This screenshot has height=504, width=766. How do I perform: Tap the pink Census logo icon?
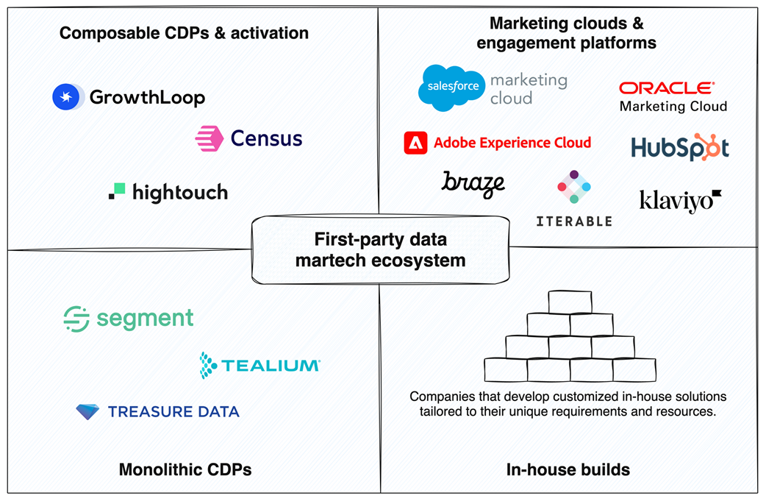[x=209, y=138]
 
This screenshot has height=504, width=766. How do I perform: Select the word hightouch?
[x=180, y=193]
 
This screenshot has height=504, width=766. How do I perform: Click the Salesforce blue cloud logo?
[x=451, y=88]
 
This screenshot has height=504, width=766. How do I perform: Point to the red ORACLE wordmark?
[x=666, y=88]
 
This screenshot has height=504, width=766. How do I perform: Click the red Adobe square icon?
[x=415, y=143]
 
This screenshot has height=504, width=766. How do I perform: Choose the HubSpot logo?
[x=680, y=147]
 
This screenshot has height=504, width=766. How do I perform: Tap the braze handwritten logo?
[x=473, y=184]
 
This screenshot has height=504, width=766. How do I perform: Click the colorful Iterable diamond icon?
[x=574, y=188]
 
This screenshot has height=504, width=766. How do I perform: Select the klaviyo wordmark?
[x=679, y=200]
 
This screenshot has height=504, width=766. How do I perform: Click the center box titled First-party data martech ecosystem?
[x=379, y=250]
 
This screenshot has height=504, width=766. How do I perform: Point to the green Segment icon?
[x=76, y=319]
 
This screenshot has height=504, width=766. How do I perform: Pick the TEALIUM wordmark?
[x=270, y=366]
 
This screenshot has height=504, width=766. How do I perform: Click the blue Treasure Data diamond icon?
[x=87, y=411]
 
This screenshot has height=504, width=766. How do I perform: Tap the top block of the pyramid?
[x=570, y=302]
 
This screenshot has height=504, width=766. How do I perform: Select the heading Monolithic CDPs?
[x=185, y=469]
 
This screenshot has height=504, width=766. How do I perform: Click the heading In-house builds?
[x=568, y=469]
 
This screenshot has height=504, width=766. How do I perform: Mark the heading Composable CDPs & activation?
[x=184, y=33]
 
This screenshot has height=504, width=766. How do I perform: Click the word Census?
[x=266, y=138]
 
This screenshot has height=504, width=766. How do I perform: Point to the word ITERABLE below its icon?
[x=573, y=221]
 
